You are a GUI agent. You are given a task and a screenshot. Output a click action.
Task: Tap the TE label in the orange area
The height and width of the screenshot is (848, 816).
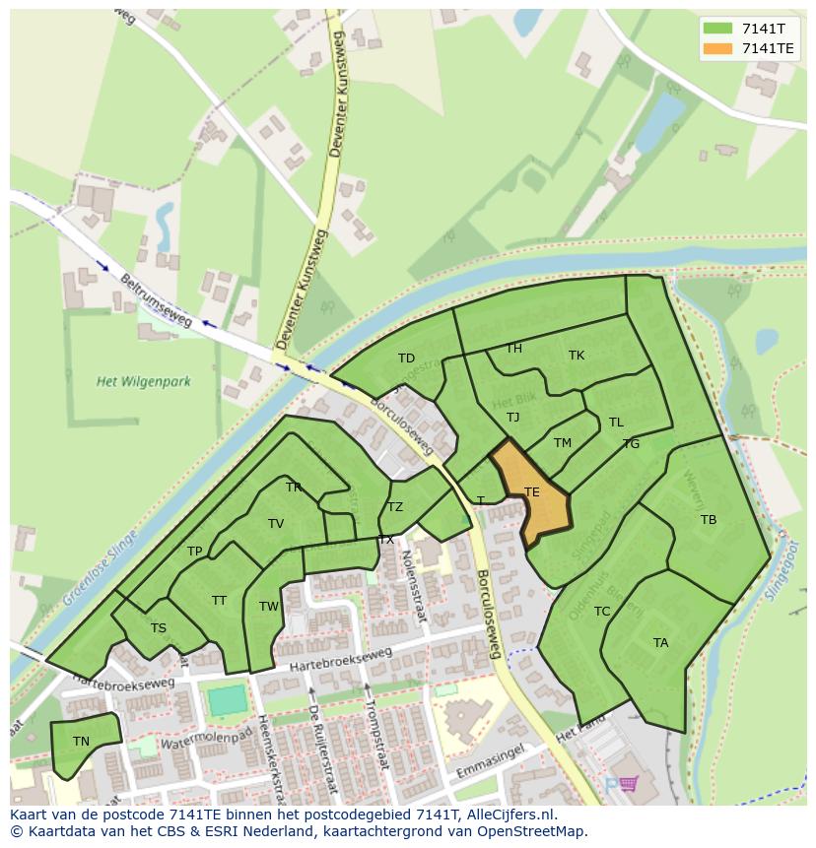(532, 492)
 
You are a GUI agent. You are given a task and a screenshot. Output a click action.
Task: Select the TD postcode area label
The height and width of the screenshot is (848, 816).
(406, 359)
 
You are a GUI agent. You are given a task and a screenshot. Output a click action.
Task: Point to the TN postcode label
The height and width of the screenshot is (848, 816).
(81, 742)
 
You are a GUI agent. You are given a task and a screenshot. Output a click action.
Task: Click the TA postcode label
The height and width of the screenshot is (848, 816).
(660, 643)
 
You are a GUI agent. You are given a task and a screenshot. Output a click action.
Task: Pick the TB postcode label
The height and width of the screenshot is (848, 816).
(709, 520)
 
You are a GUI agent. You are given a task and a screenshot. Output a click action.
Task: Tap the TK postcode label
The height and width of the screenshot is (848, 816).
(577, 356)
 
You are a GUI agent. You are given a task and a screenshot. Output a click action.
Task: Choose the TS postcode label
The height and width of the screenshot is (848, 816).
(159, 628)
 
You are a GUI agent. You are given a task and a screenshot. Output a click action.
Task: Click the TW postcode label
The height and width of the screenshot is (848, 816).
(269, 607)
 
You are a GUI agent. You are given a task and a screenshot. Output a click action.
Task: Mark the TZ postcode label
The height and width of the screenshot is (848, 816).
(395, 507)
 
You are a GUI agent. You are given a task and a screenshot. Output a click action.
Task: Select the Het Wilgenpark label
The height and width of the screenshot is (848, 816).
(144, 381)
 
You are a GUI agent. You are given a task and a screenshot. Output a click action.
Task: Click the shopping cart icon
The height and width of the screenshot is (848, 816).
(627, 784)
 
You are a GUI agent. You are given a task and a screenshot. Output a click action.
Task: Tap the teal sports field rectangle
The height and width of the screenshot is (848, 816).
(227, 700)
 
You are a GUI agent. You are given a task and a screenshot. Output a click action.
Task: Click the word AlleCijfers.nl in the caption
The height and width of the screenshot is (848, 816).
(512, 815)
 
